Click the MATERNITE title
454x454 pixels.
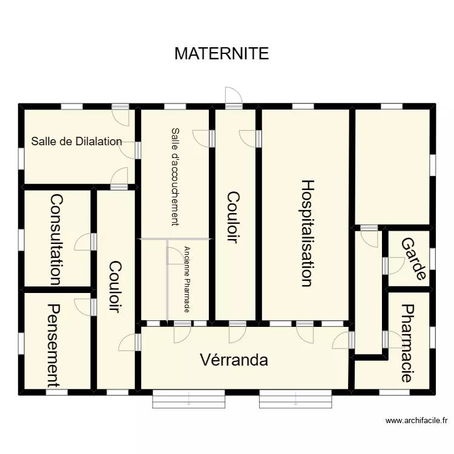click(221, 53)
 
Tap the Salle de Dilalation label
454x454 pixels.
click(76, 142)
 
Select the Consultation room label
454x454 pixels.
click(56, 239)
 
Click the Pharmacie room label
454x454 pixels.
click(407, 343)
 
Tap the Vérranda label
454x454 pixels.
click(234, 360)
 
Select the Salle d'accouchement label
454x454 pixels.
click(176, 176)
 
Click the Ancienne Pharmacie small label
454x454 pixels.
click(188, 279)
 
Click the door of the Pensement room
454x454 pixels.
click(84, 306)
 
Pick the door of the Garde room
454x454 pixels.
click(395, 265)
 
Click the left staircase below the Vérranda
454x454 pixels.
click(189, 400)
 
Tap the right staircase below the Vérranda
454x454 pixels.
click(295, 400)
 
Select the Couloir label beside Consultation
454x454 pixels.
click(115, 286)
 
